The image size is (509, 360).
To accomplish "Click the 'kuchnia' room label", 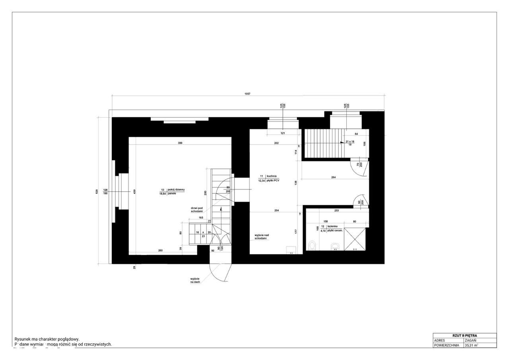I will click(272, 175).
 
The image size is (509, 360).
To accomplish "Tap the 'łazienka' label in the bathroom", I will click(332, 226).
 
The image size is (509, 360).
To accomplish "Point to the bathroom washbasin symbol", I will click(335, 245).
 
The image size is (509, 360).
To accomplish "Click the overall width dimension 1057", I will click(248, 94).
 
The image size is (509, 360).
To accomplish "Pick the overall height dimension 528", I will click(96, 191).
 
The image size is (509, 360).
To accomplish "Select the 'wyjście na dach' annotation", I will click(195, 280).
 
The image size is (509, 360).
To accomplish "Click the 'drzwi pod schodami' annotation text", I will click(197, 209).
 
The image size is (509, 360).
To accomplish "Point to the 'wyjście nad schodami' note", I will click(261, 236).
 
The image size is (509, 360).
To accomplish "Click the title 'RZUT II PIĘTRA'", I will click(464, 335).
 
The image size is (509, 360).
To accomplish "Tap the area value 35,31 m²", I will click(471, 345).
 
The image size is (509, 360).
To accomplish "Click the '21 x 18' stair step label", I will click(350, 142).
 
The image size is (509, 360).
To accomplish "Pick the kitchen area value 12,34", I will click(262, 181).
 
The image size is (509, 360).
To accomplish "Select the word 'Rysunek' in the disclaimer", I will click(22, 339).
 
